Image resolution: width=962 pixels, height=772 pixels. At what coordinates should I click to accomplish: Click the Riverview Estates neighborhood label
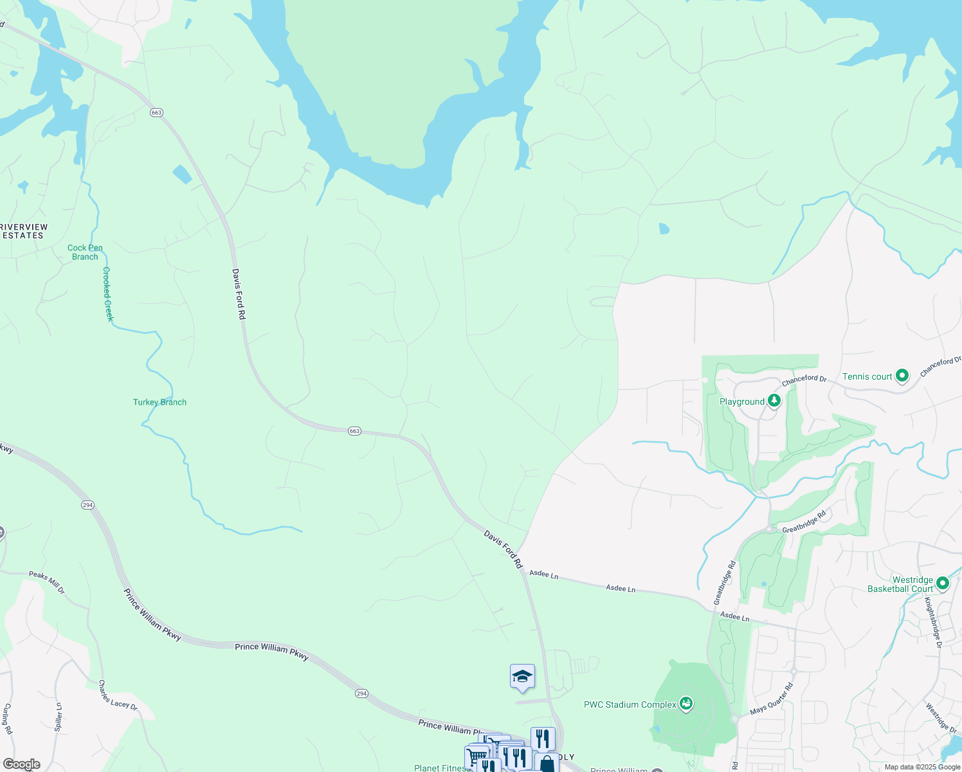23,232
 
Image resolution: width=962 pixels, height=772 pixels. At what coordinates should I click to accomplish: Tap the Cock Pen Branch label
85,252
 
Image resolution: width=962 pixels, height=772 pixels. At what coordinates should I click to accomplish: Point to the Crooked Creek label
108,294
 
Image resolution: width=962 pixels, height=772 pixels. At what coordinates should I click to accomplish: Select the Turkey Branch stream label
159,402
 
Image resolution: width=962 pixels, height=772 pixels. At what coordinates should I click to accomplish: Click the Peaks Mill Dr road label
47,582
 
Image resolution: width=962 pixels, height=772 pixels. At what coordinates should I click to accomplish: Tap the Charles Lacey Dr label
118,695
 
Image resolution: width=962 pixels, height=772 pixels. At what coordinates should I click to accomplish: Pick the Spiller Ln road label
58,717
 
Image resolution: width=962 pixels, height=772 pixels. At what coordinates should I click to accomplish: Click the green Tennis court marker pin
902,376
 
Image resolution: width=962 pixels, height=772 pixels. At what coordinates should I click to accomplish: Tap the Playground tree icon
775,401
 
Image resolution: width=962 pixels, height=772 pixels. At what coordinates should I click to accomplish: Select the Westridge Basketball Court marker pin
943,584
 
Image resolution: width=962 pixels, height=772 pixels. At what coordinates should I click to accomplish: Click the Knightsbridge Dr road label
932,618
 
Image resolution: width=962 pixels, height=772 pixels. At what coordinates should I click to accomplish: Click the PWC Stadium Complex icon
686,704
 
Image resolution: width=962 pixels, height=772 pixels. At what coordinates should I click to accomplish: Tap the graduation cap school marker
522,676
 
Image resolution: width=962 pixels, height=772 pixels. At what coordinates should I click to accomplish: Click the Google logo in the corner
22,764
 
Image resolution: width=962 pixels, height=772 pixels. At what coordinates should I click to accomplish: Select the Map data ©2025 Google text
922,767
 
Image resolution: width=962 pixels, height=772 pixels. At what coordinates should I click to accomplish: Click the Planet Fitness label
440,767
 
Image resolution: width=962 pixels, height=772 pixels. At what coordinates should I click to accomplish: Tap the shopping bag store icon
547,764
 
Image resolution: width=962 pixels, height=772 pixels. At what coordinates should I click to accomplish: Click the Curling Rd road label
7,719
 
